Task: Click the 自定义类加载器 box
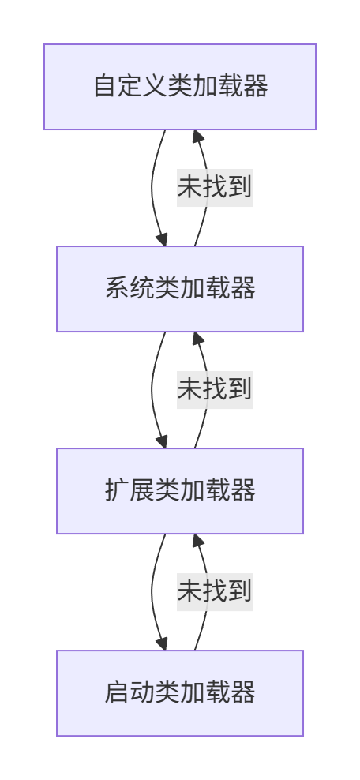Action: tap(180, 87)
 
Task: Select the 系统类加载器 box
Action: tap(180, 289)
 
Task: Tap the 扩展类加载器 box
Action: tap(180, 491)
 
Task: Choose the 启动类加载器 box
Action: tap(180, 693)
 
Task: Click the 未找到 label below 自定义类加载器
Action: tap(214, 188)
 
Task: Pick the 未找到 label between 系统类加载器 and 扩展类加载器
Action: tap(214, 390)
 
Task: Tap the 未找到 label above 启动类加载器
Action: tap(214, 592)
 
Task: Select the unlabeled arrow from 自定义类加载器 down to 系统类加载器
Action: tap(152, 188)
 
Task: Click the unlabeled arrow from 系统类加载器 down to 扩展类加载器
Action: tap(152, 390)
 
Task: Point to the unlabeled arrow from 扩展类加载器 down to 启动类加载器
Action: tap(152, 592)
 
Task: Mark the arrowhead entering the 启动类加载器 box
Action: tap(163, 643)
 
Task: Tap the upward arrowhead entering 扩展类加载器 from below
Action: tap(197, 541)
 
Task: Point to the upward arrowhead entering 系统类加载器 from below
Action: tap(197, 339)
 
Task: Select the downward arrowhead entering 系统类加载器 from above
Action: tap(163, 239)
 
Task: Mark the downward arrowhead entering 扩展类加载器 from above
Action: tap(163, 441)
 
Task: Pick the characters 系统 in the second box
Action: tap(129, 288)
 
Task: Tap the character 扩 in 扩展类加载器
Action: tap(117, 490)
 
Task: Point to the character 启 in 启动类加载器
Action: tap(117, 692)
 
